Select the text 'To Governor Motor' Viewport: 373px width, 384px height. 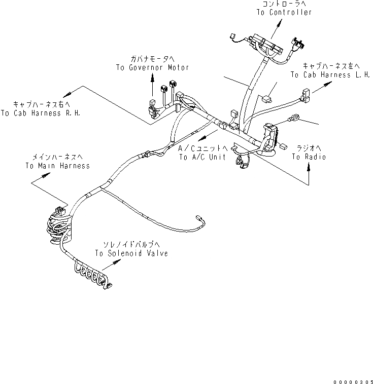click(145, 67)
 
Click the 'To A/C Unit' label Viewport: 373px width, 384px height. click(202, 157)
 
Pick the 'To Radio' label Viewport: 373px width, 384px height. click(309, 157)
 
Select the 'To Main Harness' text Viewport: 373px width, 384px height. click(57, 166)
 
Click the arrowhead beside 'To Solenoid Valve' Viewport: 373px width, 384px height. click(119, 261)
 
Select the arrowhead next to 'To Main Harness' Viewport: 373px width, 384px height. click(49, 174)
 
